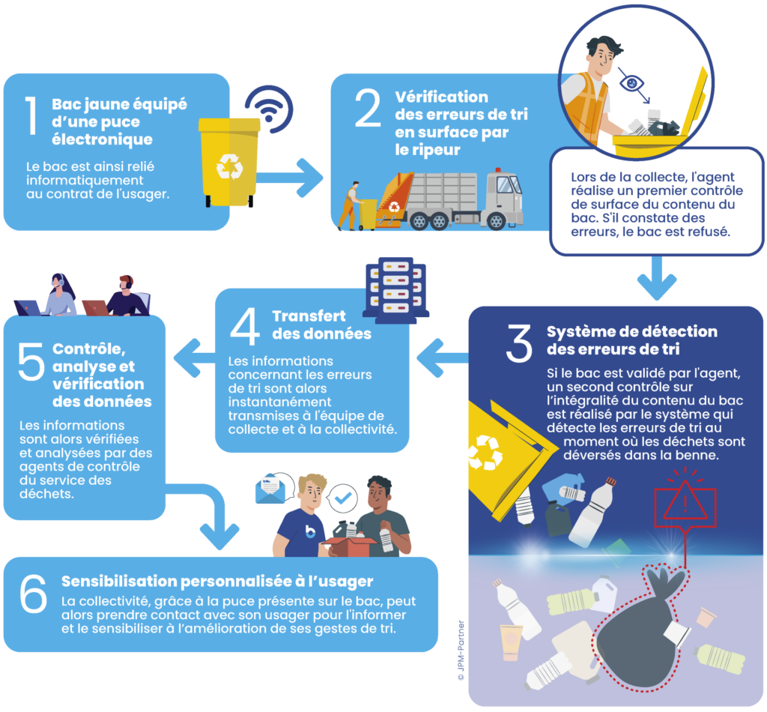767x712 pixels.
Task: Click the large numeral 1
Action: point(31,115)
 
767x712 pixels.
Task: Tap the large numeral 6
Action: point(33,594)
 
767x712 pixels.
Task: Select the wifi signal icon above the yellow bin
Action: point(269,109)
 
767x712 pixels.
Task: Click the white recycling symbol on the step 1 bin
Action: point(229,166)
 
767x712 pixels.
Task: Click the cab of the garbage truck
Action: point(504,197)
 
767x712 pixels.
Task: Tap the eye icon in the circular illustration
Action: point(631,82)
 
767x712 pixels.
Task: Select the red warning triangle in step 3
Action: point(685,501)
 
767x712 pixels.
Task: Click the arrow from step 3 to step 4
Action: point(442,357)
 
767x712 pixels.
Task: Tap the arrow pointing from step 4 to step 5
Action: point(195,357)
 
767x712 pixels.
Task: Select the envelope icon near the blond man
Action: point(270,489)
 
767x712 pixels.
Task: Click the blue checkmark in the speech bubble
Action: point(343,498)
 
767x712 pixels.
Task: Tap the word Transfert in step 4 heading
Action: point(309,316)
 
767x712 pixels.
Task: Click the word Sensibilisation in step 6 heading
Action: point(119,582)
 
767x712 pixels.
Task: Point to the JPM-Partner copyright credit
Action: point(461,651)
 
